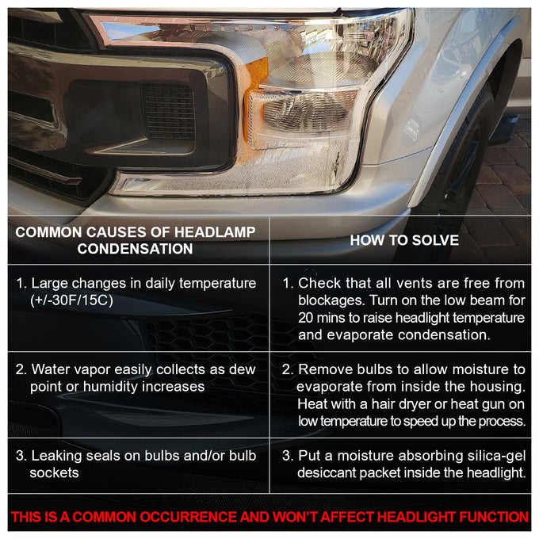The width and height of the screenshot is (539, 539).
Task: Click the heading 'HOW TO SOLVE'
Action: (404, 240)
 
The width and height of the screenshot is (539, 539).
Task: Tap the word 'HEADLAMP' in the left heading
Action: (215, 232)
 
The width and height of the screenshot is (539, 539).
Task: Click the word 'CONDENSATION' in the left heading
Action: (135, 249)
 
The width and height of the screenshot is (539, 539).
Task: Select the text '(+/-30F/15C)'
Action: (71, 300)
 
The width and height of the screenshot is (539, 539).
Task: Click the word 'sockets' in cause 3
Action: (55, 473)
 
